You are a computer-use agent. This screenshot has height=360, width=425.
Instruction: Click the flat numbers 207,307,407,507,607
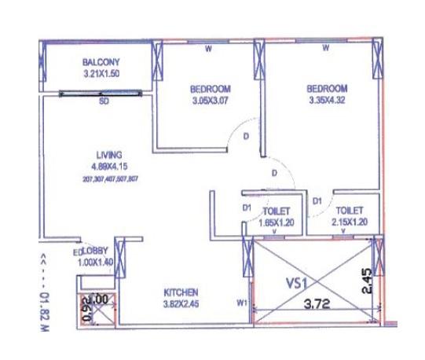[x=110, y=178]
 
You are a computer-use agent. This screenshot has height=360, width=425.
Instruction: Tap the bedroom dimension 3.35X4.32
[x=327, y=101]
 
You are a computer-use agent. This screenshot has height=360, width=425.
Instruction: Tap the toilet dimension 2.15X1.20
[x=349, y=222]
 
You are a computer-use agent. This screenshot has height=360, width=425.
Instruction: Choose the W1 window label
[x=242, y=301]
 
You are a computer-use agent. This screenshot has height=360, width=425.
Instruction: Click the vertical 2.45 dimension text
[x=365, y=281]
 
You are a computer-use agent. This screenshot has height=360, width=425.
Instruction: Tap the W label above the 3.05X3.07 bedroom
[x=208, y=49]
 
